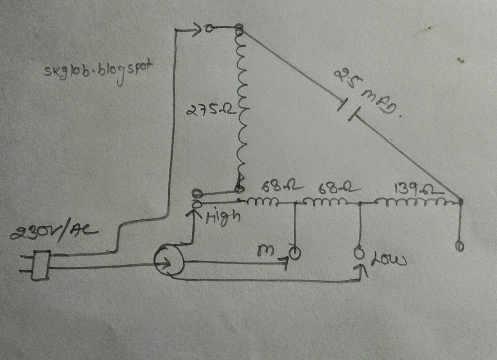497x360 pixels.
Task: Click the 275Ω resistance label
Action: (211, 110)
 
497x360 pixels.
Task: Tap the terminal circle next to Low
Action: (359, 253)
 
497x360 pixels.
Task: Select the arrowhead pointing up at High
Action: (195, 214)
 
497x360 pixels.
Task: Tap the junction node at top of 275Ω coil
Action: (239, 30)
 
